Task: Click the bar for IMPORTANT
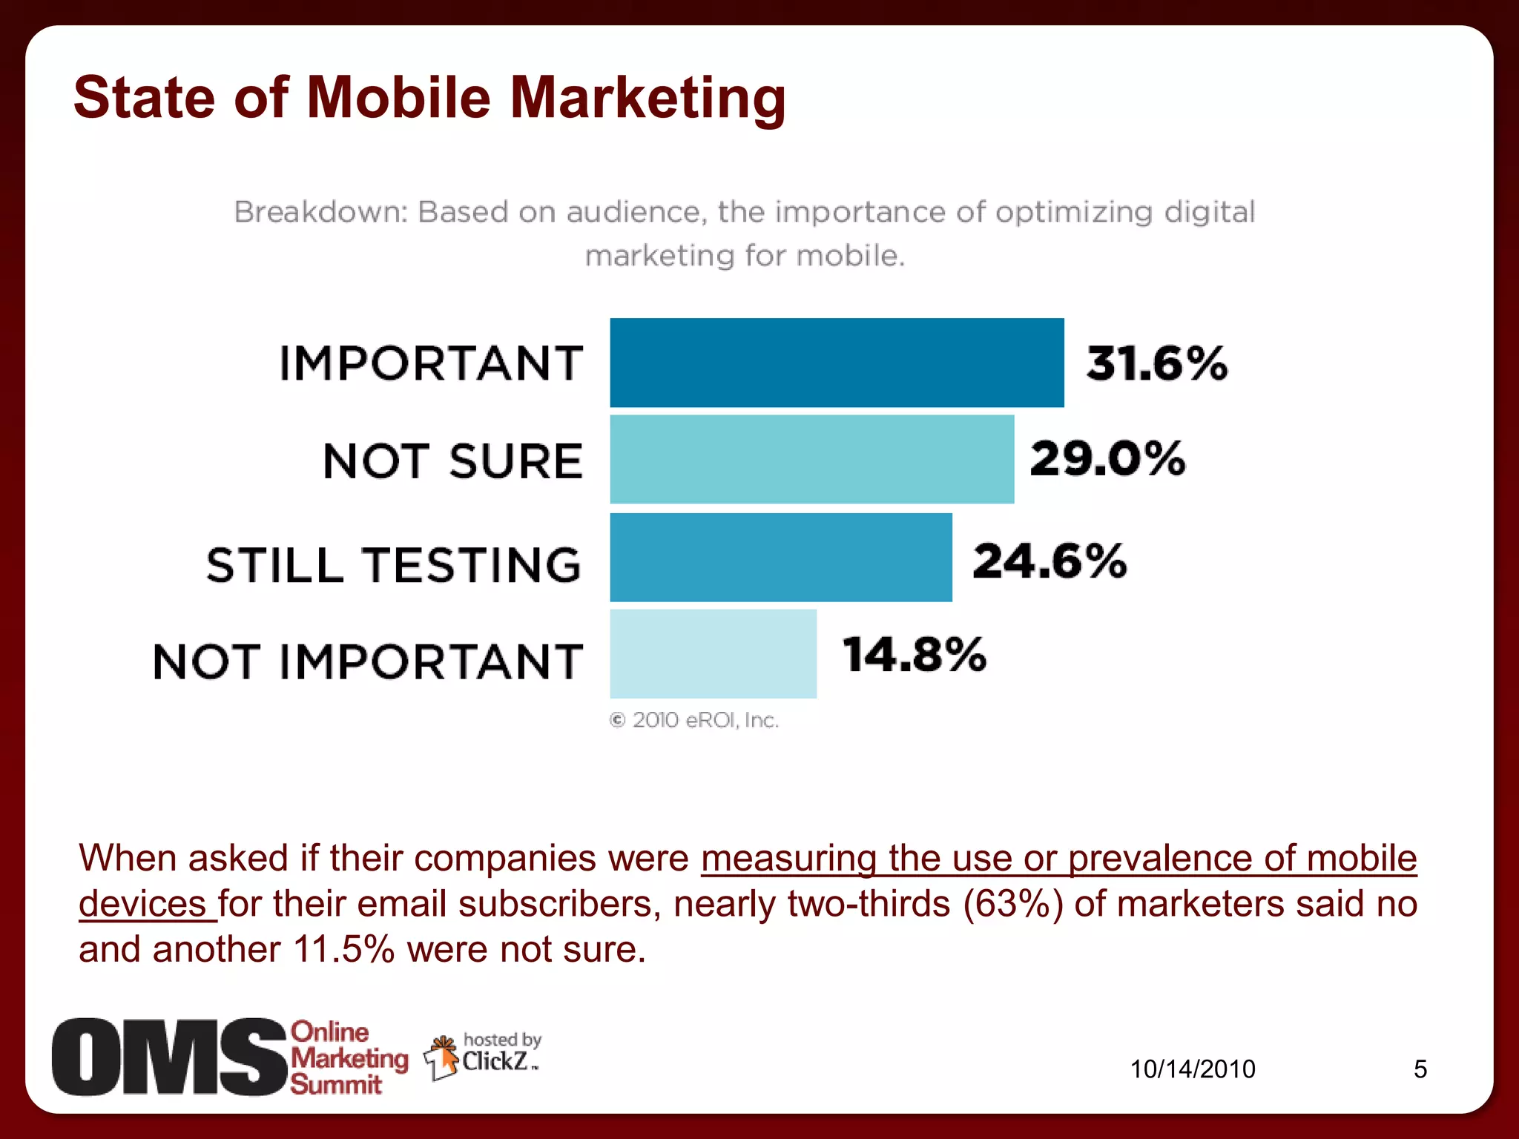(837, 363)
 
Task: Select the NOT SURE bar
(811, 459)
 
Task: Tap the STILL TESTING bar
(780, 557)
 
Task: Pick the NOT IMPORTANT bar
(713, 653)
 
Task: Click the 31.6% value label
(1156, 363)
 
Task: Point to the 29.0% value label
(1107, 458)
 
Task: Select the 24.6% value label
(1050, 561)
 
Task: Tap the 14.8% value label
(914, 655)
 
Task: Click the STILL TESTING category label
(394, 565)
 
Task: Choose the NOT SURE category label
(452, 461)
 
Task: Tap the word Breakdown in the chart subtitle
(320, 212)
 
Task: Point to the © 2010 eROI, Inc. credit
(694, 720)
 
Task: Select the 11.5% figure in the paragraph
(344, 950)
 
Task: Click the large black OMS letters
(169, 1057)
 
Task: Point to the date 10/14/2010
(1192, 1069)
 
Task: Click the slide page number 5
(1420, 1069)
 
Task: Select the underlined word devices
(142, 904)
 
